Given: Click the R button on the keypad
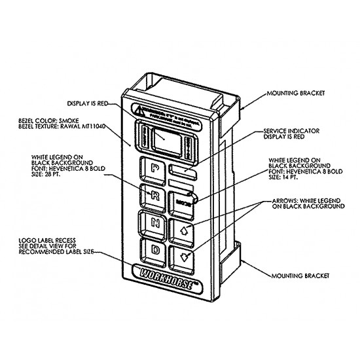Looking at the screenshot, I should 154,195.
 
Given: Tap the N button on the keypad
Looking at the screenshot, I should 155,223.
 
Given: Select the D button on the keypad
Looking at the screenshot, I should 156,250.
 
